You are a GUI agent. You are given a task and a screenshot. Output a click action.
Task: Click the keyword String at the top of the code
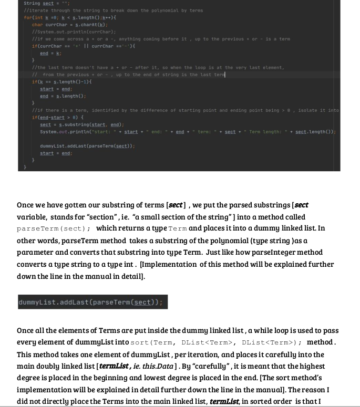[32, 3]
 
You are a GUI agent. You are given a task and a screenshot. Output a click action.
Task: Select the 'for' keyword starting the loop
[27, 17]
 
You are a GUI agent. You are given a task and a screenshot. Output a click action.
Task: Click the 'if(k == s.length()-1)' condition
[61, 82]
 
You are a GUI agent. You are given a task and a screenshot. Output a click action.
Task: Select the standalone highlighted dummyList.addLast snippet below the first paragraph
[92, 302]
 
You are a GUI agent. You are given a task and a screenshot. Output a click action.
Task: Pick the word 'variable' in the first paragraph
[32, 217]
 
